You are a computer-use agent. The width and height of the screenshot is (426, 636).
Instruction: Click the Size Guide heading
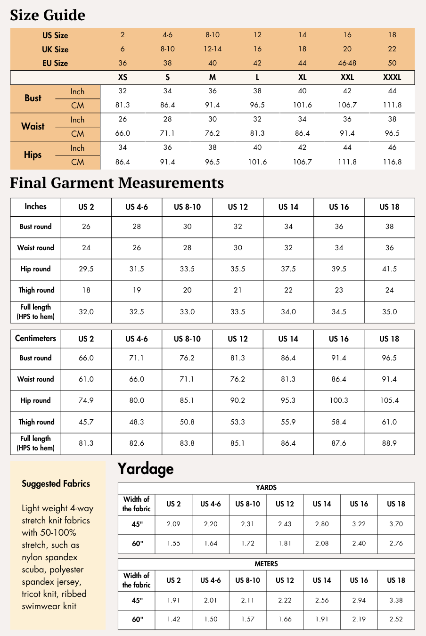tap(48, 15)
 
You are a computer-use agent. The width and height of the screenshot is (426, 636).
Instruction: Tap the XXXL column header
tap(392, 77)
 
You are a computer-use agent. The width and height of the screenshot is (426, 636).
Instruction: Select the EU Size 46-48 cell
tap(347, 63)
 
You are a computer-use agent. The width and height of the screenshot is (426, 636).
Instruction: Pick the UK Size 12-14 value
tap(213, 49)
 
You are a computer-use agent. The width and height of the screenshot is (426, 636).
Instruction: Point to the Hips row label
tap(33, 155)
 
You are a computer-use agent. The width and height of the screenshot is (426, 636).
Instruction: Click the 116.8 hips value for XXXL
tap(392, 162)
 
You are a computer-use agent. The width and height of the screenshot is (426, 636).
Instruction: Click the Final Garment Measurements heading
tap(117, 183)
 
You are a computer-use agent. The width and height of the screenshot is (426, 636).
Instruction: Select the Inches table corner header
tap(36, 206)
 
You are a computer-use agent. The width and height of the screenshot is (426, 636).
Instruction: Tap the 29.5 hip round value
tap(86, 269)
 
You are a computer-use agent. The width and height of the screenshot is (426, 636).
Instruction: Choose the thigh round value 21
tap(238, 290)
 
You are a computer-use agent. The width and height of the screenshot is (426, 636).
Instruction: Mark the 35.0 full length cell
tap(389, 312)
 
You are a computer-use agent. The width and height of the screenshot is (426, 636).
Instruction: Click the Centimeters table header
tap(36, 338)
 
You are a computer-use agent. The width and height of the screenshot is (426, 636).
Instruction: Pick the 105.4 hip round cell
tap(389, 400)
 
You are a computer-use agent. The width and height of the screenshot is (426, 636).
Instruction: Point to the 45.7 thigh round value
tap(86, 422)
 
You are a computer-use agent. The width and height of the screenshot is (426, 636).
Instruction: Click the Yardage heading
tap(146, 469)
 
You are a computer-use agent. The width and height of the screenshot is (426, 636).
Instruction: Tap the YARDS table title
tap(266, 488)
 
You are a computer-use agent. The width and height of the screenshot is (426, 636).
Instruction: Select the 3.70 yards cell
tap(396, 524)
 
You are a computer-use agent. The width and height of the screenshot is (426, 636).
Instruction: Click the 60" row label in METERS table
tap(137, 620)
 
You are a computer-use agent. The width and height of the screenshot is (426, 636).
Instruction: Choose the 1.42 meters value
tap(173, 620)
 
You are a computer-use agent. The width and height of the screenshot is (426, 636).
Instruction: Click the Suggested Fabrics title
tap(56, 484)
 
